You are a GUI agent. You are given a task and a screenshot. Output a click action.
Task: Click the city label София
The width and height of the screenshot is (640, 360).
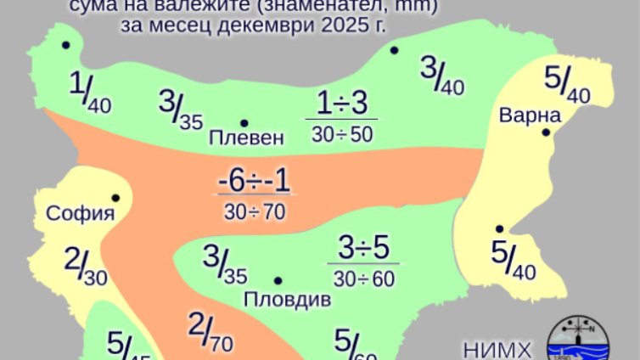pyautogui.click(x=81, y=213)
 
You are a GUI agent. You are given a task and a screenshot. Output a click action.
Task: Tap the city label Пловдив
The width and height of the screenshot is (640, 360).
pyautogui.click(x=286, y=299)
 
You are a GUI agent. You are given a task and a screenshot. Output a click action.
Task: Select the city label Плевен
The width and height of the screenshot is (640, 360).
pyautogui.click(x=246, y=138)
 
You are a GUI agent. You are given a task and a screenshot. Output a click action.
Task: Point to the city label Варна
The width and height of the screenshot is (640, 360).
pyautogui.click(x=531, y=115)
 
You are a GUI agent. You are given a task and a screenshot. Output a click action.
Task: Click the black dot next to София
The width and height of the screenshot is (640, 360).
pyautogui.click(x=115, y=198)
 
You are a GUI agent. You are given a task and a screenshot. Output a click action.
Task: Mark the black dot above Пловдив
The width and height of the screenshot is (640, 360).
pyautogui.click(x=278, y=280)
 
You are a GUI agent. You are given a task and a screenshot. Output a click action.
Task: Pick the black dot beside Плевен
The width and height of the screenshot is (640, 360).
pyautogui.click(x=244, y=123)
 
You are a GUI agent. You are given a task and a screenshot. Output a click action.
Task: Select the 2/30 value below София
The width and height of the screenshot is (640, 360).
pyautogui.click(x=83, y=267)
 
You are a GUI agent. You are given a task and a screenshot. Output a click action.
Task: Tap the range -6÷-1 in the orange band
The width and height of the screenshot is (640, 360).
pyautogui.click(x=255, y=181)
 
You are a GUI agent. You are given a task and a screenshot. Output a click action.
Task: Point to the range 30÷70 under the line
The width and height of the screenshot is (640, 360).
pyautogui.click(x=255, y=211)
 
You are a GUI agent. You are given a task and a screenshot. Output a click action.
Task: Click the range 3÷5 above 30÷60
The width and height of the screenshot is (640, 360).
pyautogui.click(x=363, y=249)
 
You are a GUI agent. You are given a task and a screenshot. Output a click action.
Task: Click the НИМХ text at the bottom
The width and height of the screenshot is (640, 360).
pyautogui.click(x=498, y=349)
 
